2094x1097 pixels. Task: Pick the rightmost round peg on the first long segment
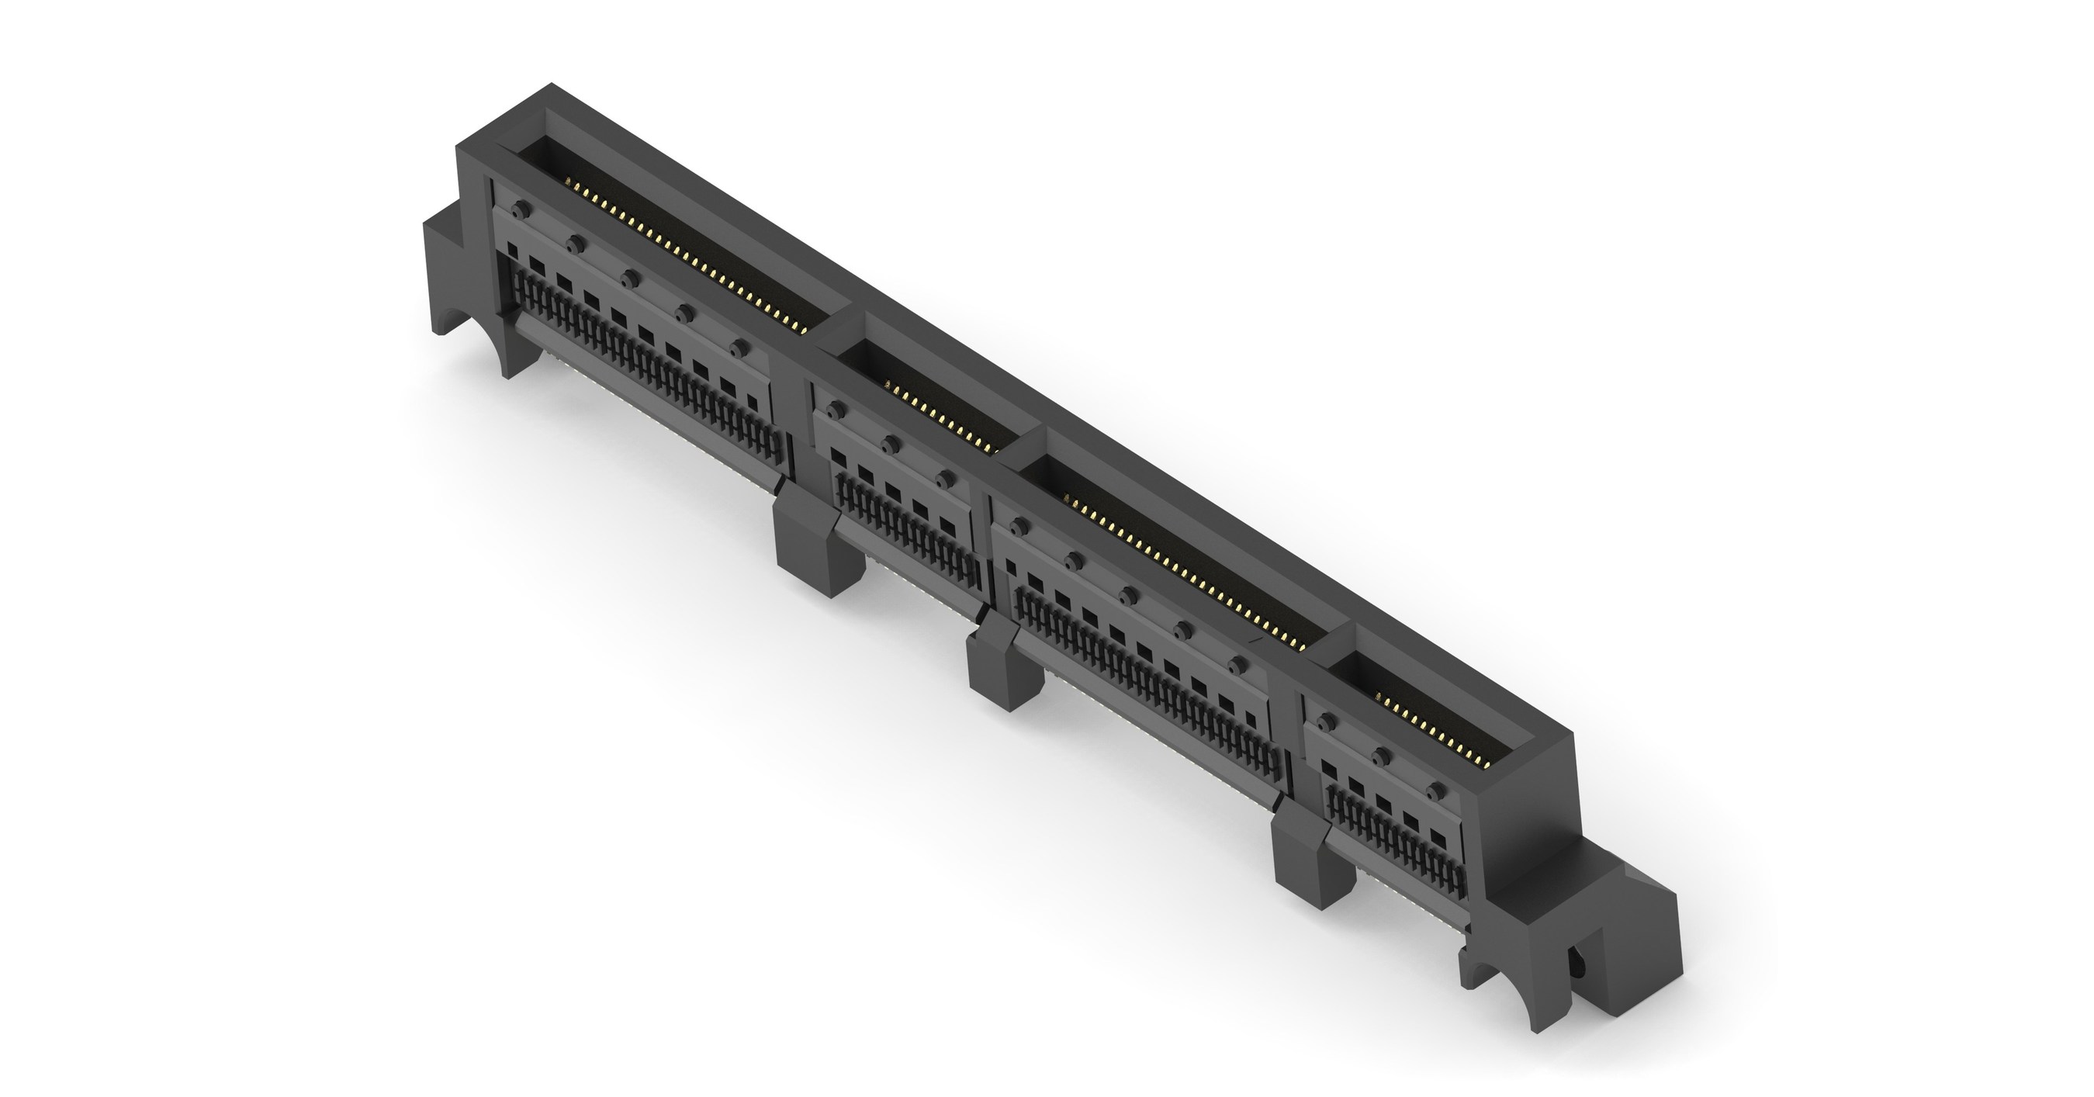737,349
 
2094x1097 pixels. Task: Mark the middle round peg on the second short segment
891,444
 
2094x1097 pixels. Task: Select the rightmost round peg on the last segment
1436,791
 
